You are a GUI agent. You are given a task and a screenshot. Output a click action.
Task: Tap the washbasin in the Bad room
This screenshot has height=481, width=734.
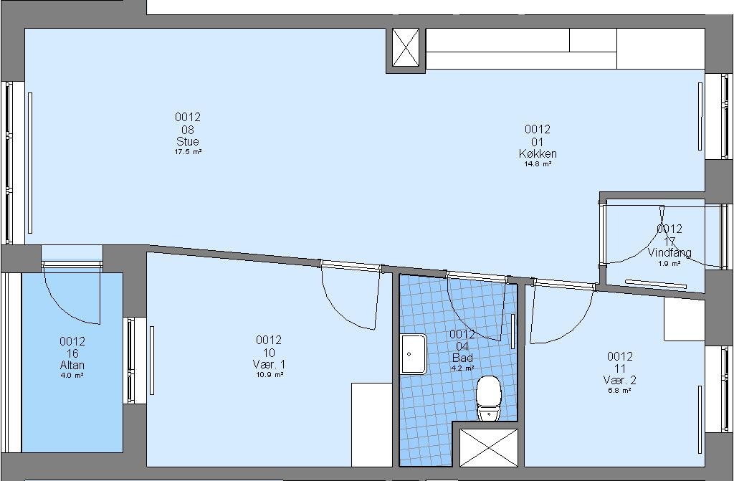(414, 354)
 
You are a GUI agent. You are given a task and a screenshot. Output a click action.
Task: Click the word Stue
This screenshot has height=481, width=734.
(188, 141)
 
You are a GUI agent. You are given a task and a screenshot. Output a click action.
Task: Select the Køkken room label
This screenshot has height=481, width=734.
(538, 153)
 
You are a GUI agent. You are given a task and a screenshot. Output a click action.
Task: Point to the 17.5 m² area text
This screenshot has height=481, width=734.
(188, 152)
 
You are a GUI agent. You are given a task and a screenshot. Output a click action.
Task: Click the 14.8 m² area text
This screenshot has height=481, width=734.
(538, 164)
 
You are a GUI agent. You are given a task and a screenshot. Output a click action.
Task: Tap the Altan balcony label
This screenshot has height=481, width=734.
(72, 366)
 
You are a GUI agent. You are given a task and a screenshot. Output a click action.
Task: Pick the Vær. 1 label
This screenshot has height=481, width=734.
(269, 364)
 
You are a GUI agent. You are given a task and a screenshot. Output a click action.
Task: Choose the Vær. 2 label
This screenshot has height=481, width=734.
(620, 381)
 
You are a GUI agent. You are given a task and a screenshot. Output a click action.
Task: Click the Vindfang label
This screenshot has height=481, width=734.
(669, 253)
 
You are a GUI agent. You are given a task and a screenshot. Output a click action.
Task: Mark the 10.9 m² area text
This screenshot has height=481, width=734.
(269, 375)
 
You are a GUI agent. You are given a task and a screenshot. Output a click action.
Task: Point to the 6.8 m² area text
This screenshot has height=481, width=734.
(620, 391)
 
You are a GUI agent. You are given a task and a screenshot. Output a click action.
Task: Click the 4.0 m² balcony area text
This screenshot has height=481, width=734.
(72, 376)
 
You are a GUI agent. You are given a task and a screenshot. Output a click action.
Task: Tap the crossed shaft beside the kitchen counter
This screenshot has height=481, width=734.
(406, 47)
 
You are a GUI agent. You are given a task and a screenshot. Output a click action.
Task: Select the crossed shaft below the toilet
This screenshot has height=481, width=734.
(488, 447)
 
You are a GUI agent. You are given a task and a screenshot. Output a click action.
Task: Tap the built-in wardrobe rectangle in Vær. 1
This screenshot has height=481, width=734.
(372, 425)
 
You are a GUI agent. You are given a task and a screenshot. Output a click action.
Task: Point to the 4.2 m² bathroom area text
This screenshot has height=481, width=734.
(462, 368)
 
